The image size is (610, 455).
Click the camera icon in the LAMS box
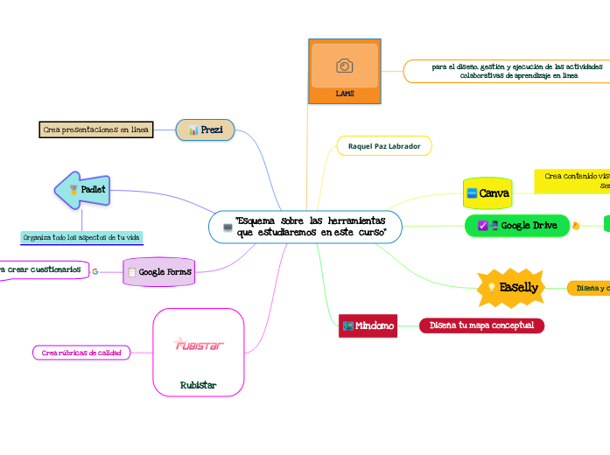click(x=345, y=66)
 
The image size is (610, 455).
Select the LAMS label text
click(x=345, y=93)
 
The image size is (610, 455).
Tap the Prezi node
click(x=206, y=129)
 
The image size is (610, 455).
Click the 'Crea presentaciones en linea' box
click(x=96, y=129)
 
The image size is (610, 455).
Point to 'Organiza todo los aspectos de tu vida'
click(x=81, y=237)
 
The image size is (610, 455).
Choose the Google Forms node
click(x=159, y=272)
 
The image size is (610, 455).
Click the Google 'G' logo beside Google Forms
click(x=95, y=272)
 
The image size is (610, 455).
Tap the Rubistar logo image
click(x=200, y=344)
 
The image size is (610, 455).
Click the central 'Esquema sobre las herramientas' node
click(x=305, y=227)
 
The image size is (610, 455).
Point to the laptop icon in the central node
click(x=228, y=228)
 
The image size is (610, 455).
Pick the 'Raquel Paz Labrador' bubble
click(x=384, y=145)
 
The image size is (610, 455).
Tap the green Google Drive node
click(x=516, y=226)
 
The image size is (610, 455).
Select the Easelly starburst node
click(x=511, y=288)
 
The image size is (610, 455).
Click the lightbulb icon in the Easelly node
click(x=492, y=288)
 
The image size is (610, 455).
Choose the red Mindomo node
click(x=368, y=326)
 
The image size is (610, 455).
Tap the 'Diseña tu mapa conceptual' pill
click(x=481, y=325)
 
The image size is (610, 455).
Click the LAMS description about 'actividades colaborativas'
click(x=506, y=71)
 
